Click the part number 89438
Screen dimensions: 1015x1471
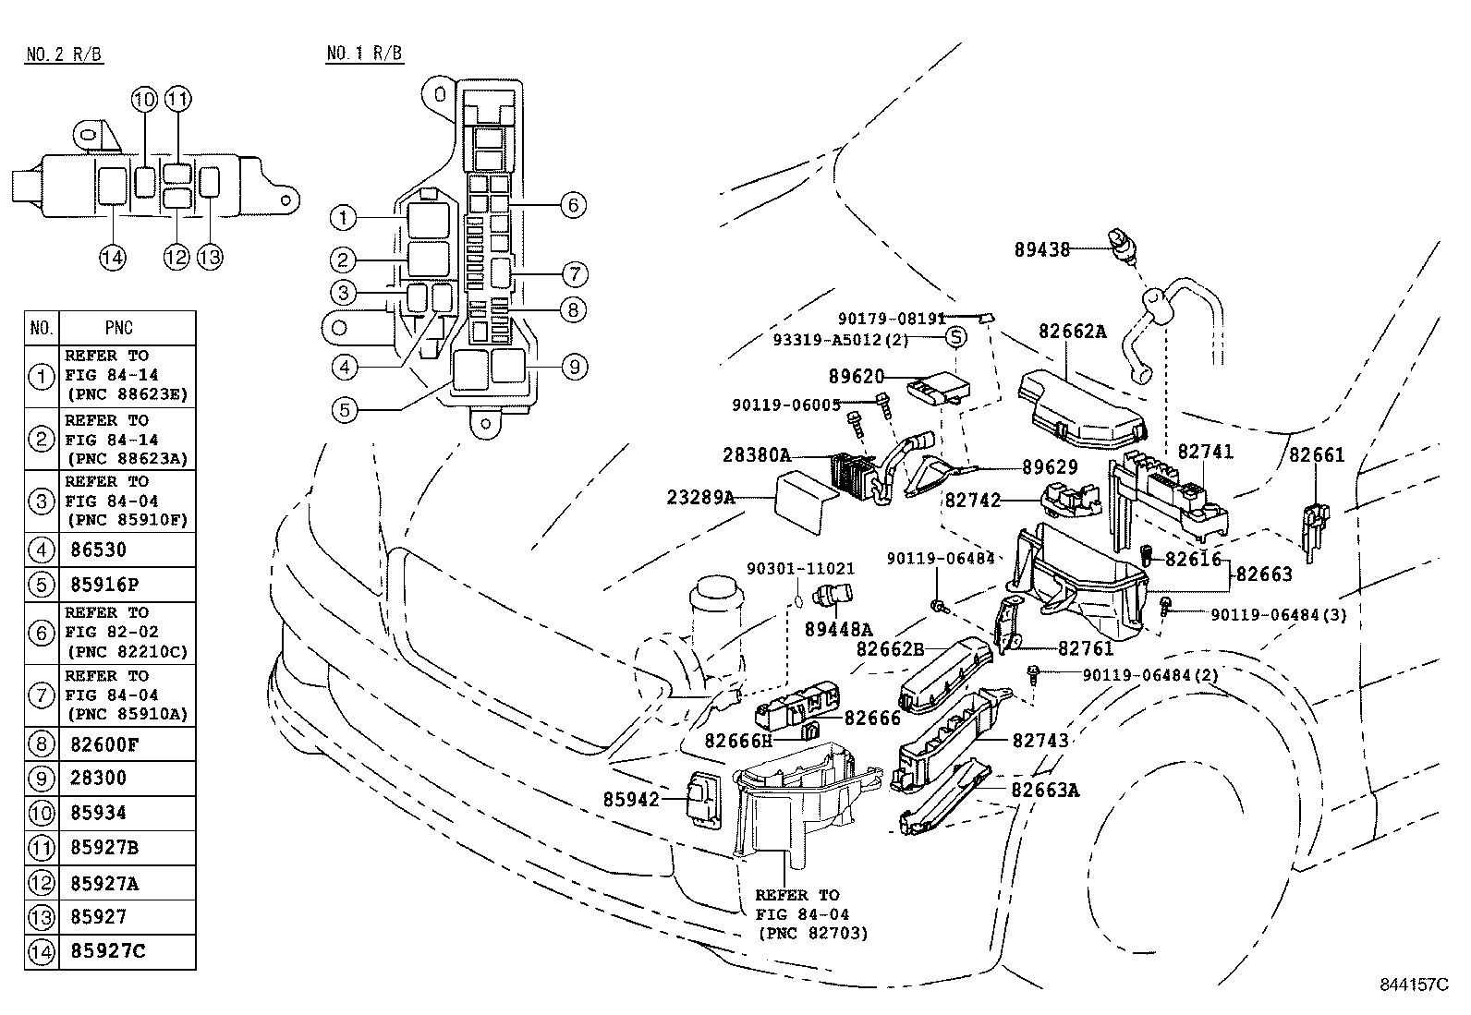tap(1041, 249)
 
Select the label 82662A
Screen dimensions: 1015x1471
tap(1072, 332)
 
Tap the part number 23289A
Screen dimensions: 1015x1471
tap(700, 498)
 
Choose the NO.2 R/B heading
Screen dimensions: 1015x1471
tap(64, 54)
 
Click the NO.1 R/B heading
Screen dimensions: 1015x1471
tap(364, 54)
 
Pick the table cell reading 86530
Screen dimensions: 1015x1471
tap(98, 550)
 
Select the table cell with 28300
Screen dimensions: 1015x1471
tap(98, 778)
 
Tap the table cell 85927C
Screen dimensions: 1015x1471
tap(107, 950)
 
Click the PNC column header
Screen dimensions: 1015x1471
tap(119, 328)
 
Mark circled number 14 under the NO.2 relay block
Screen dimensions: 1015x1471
tap(113, 257)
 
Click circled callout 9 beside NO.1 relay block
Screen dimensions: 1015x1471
tap(574, 367)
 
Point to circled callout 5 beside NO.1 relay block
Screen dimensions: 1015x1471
tap(344, 408)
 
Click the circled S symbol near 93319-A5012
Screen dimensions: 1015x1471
tap(956, 337)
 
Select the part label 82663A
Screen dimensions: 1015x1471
tap(1045, 790)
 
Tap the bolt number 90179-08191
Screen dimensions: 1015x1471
tap(892, 319)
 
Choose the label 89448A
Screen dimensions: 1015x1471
tap(838, 630)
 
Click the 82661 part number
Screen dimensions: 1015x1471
tap(1317, 454)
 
